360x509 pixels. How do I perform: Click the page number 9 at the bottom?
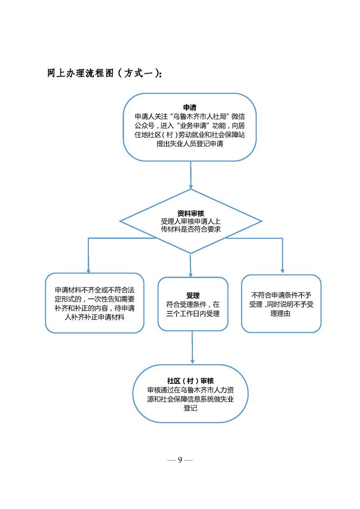coord(180,460)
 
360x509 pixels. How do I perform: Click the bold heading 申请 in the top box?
coord(190,108)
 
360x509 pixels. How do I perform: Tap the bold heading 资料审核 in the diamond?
coord(191,213)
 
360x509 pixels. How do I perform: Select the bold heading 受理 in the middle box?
coord(193,295)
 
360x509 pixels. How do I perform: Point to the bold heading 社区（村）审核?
coord(190,381)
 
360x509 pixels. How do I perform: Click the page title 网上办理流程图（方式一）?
coord(104,73)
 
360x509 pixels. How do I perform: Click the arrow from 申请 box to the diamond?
coord(191,175)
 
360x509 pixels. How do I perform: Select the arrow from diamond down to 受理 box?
coord(190,265)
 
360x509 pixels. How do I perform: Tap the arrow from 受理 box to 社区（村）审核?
coord(192,347)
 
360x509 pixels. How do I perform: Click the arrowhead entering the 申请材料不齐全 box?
coord(89,271)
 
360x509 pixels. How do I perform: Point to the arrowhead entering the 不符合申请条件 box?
coord(282,271)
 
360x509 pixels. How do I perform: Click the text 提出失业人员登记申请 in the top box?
coord(190,144)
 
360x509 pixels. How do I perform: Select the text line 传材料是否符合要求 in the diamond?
coord(191,229)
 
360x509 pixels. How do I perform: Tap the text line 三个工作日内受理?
coord(193,313)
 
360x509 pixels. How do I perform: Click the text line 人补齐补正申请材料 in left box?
coord(94,317)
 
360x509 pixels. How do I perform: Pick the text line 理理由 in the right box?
coord(281,313)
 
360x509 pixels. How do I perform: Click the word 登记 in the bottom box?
coord(190,408)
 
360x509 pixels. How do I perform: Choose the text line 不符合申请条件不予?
coord(281,295)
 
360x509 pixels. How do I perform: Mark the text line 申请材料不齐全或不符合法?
coord(94,290)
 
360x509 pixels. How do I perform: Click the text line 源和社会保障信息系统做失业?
coord(190,399)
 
